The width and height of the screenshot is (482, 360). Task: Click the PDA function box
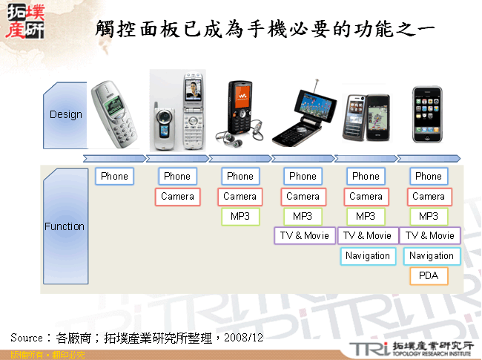click(429, 276)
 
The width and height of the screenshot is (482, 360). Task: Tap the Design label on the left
click(66, 115)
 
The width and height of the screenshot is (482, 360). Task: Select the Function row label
click(65, 226)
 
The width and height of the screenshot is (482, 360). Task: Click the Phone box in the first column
click(114, 177)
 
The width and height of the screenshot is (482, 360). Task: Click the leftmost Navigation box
click(366, 256)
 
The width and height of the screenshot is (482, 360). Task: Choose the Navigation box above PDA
click(431, 256)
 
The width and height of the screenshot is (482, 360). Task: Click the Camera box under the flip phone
click(177, 197)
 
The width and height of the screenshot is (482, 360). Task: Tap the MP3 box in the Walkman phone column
click(240, 217)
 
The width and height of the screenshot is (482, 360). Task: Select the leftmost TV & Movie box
click(304, 236)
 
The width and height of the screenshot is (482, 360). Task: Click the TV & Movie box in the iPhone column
click(431, 236)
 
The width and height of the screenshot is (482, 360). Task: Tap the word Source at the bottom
click(27, 337)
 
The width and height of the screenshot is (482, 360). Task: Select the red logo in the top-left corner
click(24, 22)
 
